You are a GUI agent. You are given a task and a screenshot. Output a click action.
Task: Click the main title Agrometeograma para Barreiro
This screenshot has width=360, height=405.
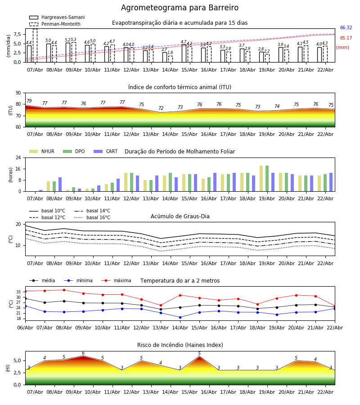pos(180,8)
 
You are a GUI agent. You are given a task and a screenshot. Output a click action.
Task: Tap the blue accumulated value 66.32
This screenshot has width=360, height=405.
pos(346,28)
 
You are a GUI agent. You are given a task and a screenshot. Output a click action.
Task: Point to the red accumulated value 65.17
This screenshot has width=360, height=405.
pos(346,38)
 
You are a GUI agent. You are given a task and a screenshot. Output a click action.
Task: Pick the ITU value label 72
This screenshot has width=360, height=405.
pos(161,108)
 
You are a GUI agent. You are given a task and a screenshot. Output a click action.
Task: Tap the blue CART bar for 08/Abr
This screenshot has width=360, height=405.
pos(60,184)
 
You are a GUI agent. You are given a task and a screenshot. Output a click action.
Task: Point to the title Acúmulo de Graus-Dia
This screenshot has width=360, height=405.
pos(180,216)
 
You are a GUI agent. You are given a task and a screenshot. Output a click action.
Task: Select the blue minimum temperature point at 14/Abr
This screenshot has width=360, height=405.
pos(180,317)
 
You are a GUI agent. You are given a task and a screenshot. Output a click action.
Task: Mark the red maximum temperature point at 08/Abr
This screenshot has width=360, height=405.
pos(64,290)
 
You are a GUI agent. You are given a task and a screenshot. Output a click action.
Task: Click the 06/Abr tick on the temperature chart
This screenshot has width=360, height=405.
pos(25,327)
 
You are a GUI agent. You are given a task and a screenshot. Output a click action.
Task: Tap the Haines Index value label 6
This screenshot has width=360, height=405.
pos(83,353)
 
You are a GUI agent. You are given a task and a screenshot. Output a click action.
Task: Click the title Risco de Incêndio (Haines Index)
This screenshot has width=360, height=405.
pos(180,345)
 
